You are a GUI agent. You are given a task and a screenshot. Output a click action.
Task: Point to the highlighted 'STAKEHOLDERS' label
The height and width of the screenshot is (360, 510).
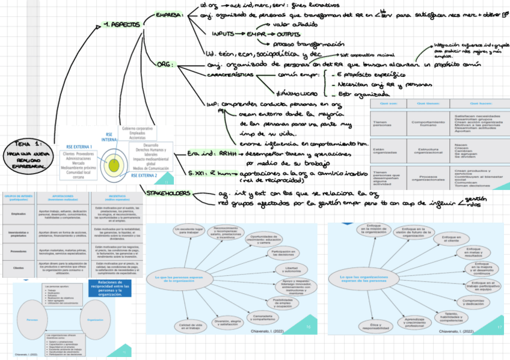pyautogui.click(x=169, y=194)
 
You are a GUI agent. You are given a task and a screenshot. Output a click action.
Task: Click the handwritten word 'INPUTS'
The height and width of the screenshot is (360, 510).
pyautogui.click(x=222, y=34)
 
